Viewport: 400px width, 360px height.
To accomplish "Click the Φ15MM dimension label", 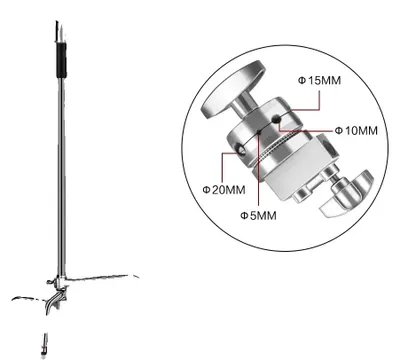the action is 319,80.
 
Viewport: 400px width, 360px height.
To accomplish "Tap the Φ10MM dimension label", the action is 356,131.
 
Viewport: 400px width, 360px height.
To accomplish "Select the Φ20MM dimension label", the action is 224,190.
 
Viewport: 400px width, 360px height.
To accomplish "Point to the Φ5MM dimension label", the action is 258,216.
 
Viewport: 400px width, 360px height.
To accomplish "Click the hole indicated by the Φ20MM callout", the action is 241,150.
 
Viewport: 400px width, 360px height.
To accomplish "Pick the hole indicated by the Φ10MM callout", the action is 276,118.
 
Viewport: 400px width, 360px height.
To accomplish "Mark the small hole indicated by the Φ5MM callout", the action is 259,132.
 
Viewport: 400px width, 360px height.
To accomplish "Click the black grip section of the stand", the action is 61,60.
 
